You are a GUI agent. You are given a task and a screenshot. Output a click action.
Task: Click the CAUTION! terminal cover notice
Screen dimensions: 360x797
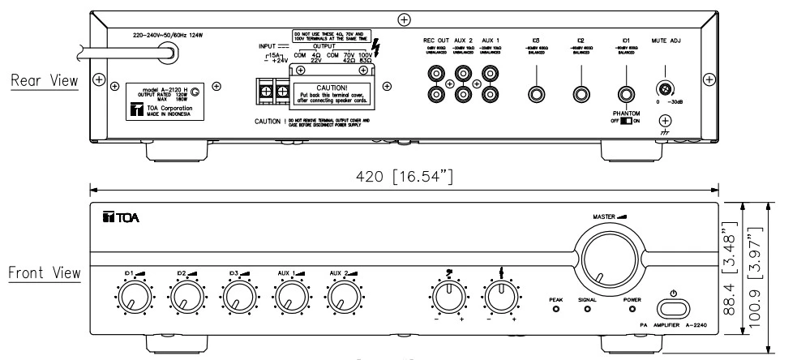[x=334, y=98]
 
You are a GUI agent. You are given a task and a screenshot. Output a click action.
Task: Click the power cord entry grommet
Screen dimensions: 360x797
[x=169, y=53]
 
